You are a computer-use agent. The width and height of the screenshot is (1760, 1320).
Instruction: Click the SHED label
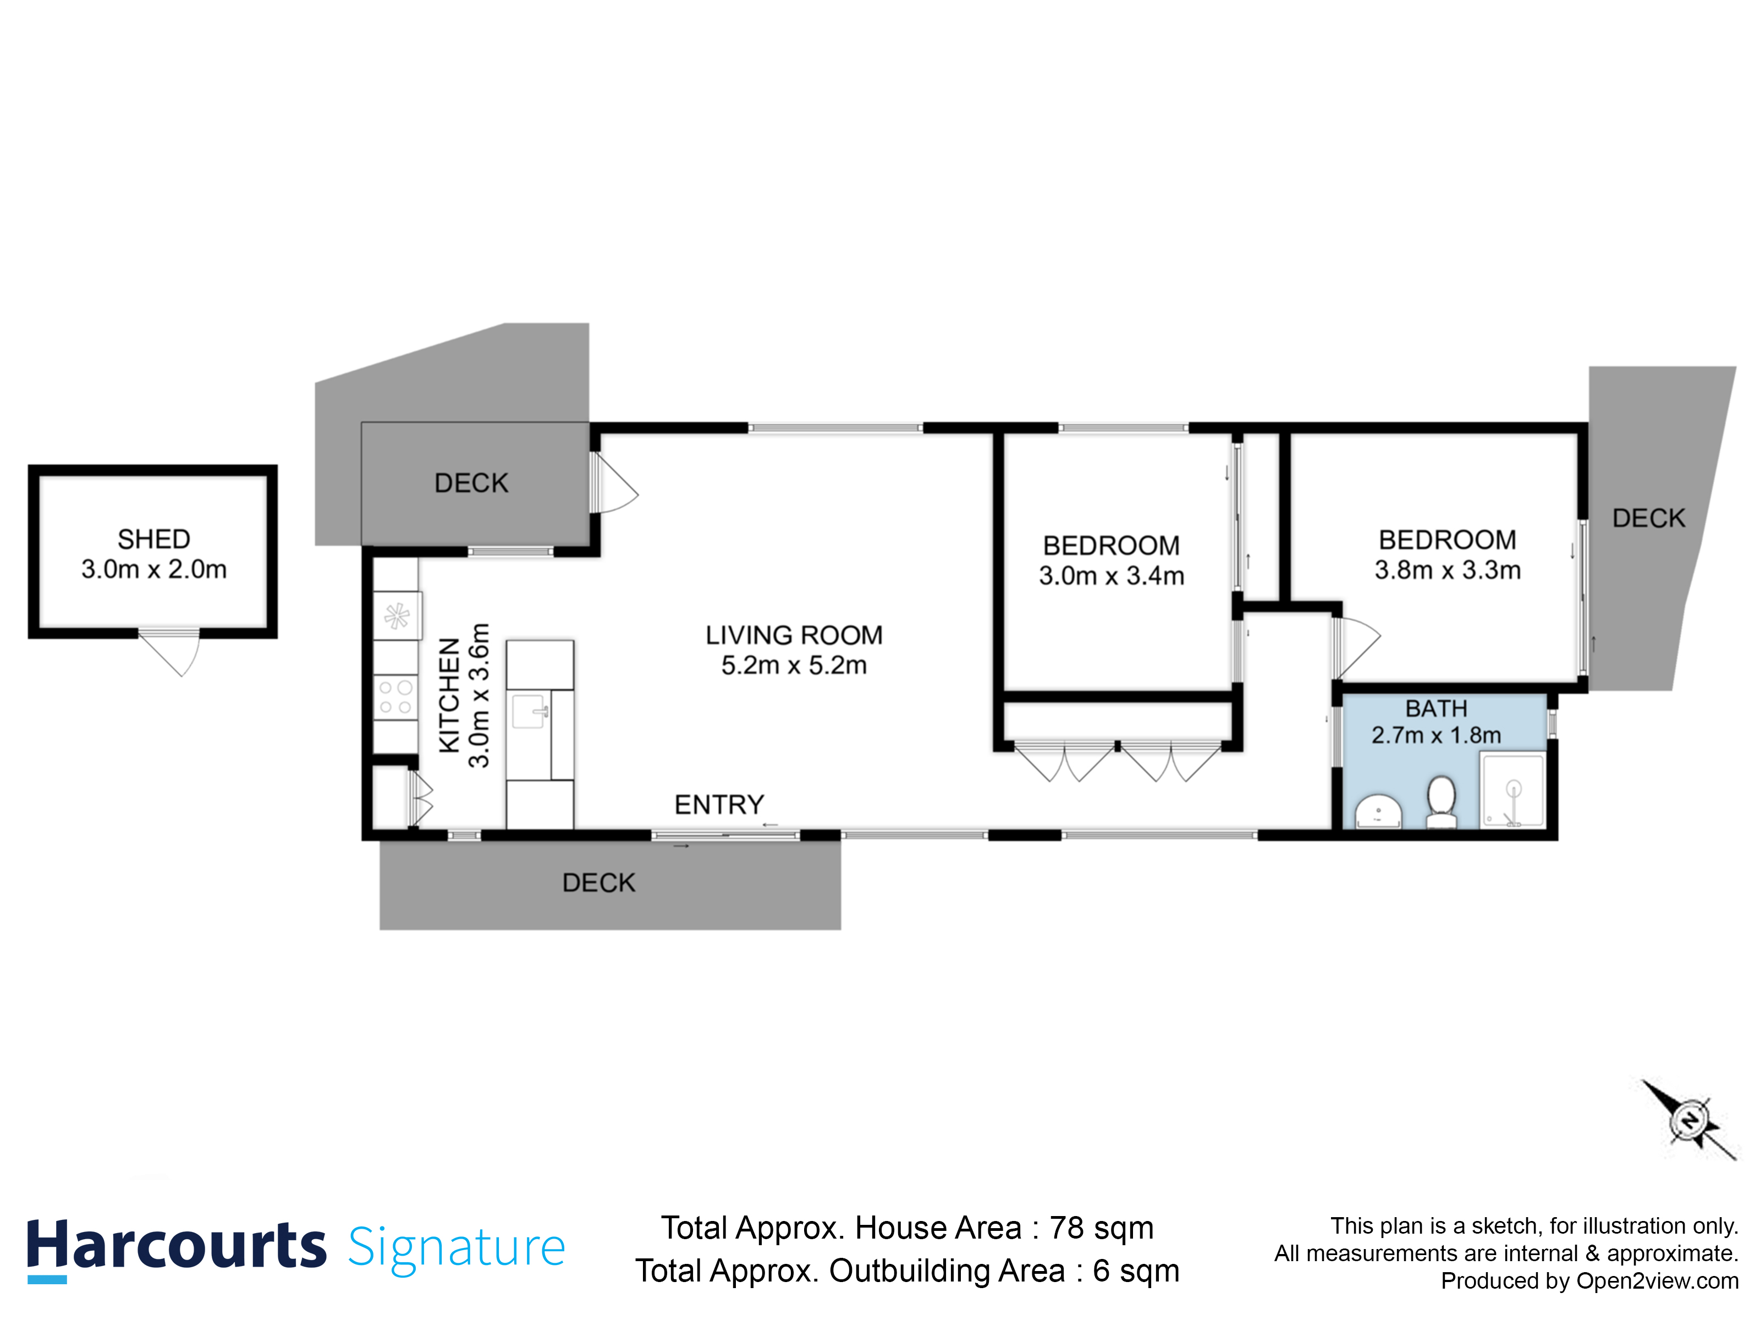click(153, 540)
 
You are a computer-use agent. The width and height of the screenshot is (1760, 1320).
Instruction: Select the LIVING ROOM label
click(793, 635)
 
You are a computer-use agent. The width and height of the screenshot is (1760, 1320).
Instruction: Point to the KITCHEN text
click(449, 695)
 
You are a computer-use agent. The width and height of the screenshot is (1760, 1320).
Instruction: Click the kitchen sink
click(529, 711)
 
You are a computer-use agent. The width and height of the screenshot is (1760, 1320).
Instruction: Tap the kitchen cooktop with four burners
click(395, 697)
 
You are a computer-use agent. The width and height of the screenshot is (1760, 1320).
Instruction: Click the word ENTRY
click(718, 805)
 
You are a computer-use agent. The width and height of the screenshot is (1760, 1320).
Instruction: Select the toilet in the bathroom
click(1441, 801)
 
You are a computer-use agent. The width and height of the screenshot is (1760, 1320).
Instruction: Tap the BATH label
click(1436, 708)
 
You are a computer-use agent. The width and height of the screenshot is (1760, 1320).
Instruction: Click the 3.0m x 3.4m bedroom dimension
click(1111, 575)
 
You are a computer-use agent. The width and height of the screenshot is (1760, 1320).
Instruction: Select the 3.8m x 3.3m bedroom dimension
click(1447, 570)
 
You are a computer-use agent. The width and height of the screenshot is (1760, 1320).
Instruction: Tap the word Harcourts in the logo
click(177, 1246)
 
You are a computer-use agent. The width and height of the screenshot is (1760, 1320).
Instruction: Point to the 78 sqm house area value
click(1101, 1228)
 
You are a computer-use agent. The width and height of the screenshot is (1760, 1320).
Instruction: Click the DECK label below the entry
click(598, 882)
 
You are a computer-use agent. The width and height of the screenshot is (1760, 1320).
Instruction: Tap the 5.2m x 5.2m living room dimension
click(793, 665)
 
